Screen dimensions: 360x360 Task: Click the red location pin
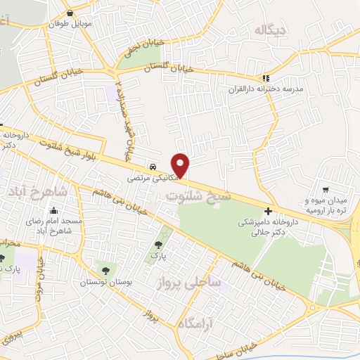181,165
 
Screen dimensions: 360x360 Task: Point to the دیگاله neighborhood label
271,30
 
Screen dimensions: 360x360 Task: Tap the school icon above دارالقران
265,78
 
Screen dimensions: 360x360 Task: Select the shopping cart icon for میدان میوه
326,189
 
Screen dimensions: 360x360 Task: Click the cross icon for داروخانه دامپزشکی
269,211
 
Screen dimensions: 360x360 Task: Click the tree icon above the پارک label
159,245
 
